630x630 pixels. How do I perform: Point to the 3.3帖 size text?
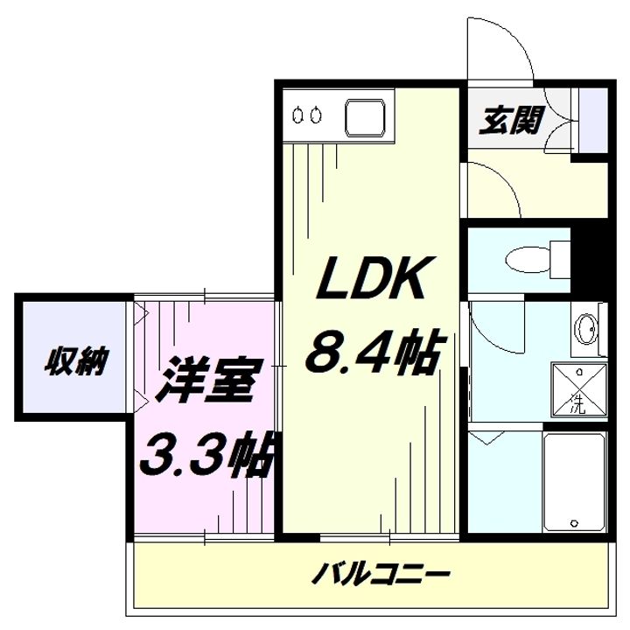(x=206, y=454)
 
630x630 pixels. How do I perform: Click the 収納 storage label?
(x=76, y=360)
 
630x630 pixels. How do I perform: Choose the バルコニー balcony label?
(x=382, y=575)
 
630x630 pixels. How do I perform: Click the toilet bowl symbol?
(x=527, y=259)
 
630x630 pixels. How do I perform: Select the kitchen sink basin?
(x=365, y=116)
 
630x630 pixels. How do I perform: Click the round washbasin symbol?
(x=586, y=329)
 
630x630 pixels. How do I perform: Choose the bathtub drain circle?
(x=575, y=523)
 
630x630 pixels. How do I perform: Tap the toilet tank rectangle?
(x=560, y=259)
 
